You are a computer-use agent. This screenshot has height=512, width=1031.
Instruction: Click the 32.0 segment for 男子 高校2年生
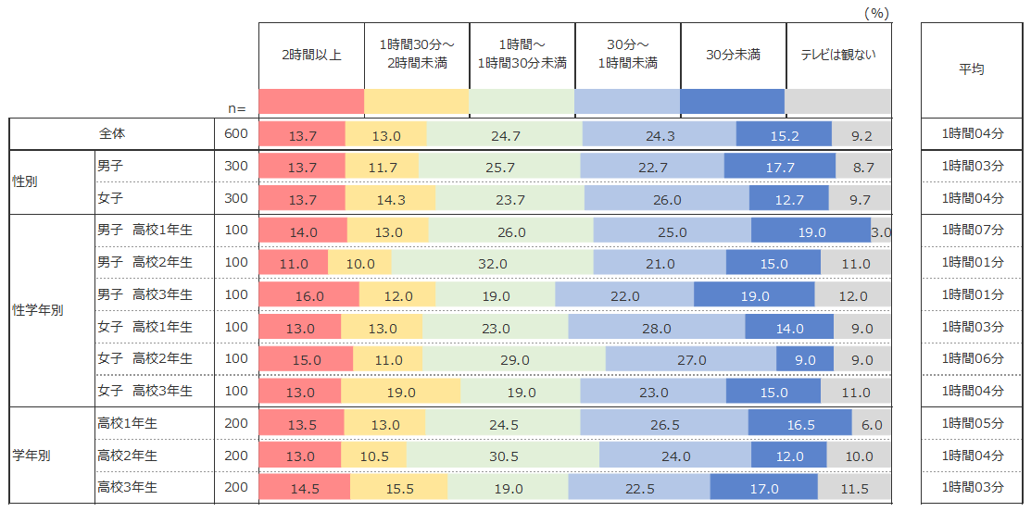[x=492, y=263]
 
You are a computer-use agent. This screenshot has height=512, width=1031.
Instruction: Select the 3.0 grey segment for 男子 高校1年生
[x=881, y=231]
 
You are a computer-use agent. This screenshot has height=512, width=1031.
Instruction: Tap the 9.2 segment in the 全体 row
[x=861, y=135]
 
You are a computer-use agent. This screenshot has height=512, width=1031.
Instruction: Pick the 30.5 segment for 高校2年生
[x=502, y=456]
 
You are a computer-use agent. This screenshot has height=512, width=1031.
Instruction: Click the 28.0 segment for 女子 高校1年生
[x=656, y=328]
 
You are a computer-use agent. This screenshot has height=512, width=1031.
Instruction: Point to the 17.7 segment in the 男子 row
[x=779, y=168]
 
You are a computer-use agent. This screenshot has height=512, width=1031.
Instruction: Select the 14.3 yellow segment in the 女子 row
[x=389, y=199]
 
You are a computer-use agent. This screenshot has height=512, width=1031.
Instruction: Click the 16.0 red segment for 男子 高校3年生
[x=308, y=295]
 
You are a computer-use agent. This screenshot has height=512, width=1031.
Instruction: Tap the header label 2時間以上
[x=311, y=55]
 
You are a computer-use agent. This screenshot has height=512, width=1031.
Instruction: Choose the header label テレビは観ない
[x=838, y=55]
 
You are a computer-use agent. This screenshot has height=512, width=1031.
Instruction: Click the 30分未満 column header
[x=733, y=55]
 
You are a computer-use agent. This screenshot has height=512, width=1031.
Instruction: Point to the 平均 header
[x=971, y=69]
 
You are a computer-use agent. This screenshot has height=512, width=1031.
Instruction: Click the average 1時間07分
[x=972, y=231]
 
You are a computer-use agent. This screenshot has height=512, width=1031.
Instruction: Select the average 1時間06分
[x=972, y=359]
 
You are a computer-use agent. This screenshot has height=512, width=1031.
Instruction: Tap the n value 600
[x=236, y=134]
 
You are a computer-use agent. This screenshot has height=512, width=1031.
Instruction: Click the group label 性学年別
[x=38, y=310]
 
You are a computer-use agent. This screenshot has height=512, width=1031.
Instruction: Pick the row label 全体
[x=112, y=134]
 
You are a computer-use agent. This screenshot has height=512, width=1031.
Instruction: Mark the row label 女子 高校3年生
[x=145, y=391]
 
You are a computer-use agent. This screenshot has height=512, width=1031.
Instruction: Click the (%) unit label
[x=875, y=13]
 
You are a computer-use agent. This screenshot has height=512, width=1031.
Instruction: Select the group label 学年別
[x=31, y=456]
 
